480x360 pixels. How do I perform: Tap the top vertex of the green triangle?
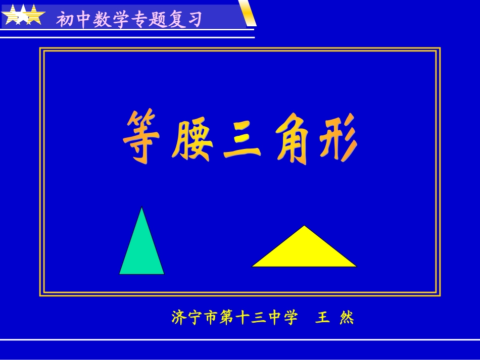point(142,208)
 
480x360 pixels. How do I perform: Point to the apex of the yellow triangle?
point(304,226)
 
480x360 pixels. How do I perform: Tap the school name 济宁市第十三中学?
point(234,318)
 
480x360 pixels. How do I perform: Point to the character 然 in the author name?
point(347,318)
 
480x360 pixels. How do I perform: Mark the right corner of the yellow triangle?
point(356,266)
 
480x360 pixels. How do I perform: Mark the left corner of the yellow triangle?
point(253,266)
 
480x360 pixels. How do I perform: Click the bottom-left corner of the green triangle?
point(120,274)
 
